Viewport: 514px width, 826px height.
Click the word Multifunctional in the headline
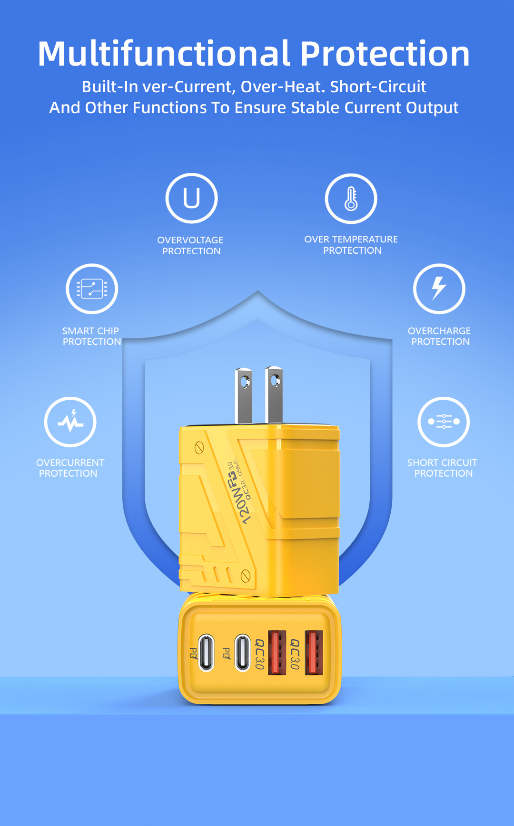pos(164,53)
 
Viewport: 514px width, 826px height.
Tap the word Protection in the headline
pos(385,53)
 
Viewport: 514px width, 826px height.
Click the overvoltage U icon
pos(191,198)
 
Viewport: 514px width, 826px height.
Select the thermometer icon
pos(351,199)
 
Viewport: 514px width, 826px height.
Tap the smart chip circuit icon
pos(92,288)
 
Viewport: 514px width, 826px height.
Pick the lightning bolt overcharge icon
pos(439,288)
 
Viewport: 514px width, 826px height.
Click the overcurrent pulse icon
pos(70,422)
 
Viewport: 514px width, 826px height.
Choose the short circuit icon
pos(444,422)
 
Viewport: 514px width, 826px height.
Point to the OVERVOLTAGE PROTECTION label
pos(191,246)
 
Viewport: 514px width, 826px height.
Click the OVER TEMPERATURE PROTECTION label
pos(351,245)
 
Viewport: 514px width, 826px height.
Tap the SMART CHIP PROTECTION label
pos(91,336)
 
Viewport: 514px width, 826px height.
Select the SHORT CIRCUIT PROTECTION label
pos(443,468)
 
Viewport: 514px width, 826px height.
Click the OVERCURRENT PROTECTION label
pos(69,468)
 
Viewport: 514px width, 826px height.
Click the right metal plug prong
pos(274,394)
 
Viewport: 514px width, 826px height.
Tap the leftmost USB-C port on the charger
pos(206,653)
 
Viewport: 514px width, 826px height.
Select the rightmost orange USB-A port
pos(314,653)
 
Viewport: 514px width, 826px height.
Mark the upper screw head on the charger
pos(199,447)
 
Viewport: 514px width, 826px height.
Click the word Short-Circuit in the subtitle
pos(378,86)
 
